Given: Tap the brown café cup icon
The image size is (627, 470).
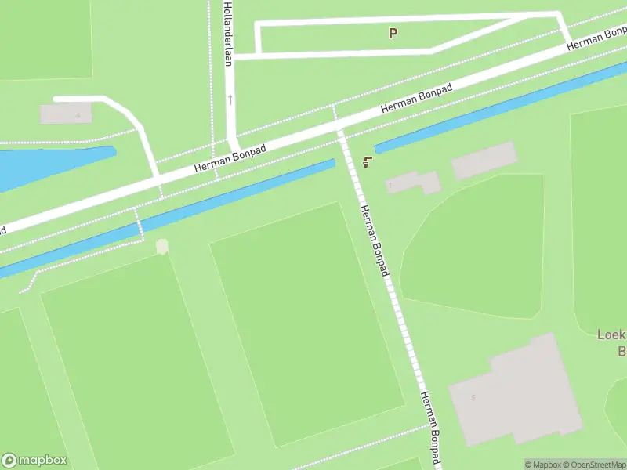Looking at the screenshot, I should [367, 162].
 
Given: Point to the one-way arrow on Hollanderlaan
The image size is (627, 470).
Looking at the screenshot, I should [230, 99].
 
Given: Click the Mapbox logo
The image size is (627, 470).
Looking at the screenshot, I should [34, 461].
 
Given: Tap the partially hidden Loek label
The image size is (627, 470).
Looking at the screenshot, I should [611, 334].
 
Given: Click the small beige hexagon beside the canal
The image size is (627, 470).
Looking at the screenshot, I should [162, 247].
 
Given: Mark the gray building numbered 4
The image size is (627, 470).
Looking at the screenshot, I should [66, 114].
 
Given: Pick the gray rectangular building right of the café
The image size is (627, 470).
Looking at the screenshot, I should [484, 160].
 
